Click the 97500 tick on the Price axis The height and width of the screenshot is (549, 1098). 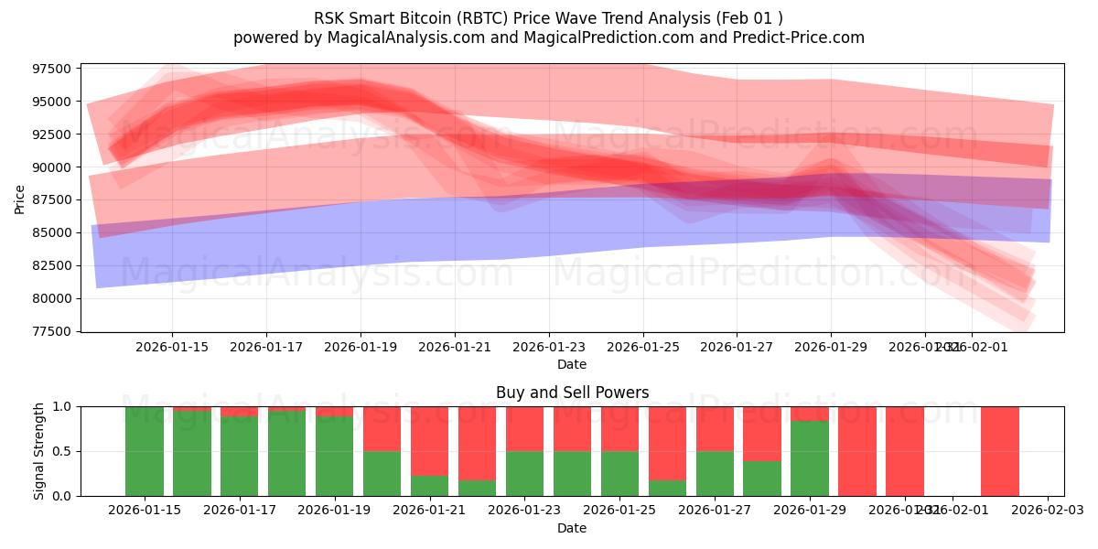(x=51, y=69)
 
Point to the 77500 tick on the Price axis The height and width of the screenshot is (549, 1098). (x=51, y=331)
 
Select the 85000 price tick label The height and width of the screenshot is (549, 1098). (x=51, y=232)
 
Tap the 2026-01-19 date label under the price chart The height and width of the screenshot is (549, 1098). (x=360, y=348)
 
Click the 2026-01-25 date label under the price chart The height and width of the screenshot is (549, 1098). (x=642, y=348)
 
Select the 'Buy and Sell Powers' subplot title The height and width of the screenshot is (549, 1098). (x=572, y=393)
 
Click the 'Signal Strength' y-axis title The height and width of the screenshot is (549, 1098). (x=39, y=451)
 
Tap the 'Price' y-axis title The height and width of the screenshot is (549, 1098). (x=20, y=199)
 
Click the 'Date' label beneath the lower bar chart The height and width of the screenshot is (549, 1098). (x=572, y=528)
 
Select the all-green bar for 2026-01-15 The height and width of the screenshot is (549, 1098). (x=145, y=451)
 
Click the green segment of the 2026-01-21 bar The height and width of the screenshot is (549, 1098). (x=429, y=485)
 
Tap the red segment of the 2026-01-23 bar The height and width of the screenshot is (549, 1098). (x=524, y=428)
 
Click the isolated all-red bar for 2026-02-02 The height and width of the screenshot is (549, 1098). (x=999, y=451)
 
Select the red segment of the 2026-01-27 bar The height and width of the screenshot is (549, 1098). (x=714, y=428)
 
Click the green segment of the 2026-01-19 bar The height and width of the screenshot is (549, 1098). (x=335, y=456)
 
